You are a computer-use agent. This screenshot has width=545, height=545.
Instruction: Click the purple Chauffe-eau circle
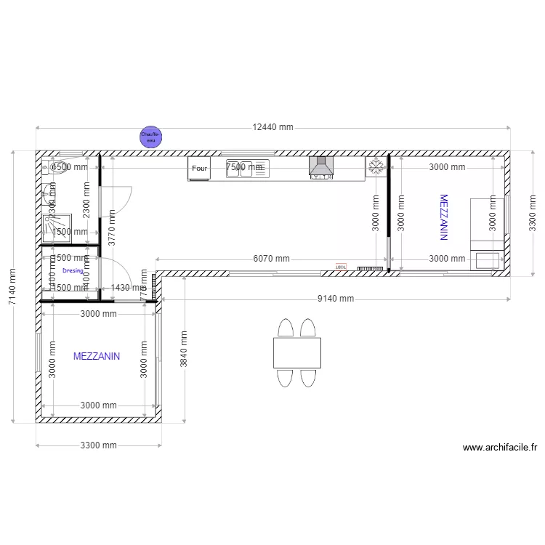(151, 136)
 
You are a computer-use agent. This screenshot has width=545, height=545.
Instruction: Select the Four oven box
(199, 169)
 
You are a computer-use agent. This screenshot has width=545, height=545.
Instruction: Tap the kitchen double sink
(247, 168)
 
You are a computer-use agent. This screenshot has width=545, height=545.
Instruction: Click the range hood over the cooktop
(320, 167)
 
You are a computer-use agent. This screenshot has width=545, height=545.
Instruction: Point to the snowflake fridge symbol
(376, 167)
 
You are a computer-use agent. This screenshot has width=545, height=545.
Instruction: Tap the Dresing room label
(73, 270)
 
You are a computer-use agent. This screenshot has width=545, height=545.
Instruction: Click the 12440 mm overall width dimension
(272, 127)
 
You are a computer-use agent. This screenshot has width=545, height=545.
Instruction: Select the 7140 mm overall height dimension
(12, 287)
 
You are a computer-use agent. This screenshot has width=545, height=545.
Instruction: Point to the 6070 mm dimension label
(271, 259)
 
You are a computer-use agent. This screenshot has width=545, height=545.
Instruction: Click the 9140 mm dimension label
(335, 299)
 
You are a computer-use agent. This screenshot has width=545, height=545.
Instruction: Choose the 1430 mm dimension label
(130, 288)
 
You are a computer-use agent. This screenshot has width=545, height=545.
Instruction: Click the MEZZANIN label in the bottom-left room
(97, 357)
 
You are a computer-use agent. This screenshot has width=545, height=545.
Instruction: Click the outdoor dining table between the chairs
(297, 352)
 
